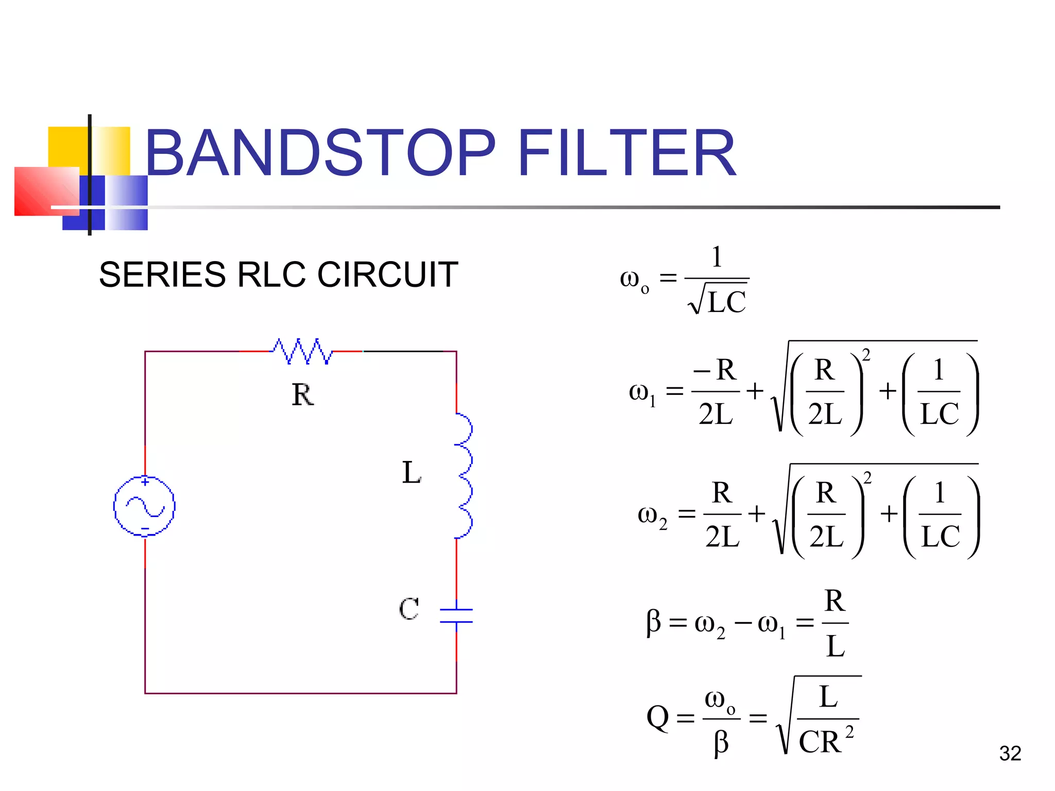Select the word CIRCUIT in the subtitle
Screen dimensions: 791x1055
pyautogui.click(x=387, y=274)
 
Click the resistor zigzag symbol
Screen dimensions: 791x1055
pyautogui.click(x=302, y=351)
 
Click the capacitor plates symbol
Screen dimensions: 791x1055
pyautogui.click(x=456, y=616)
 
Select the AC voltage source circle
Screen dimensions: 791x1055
pyautogui.click(x=144, y=506)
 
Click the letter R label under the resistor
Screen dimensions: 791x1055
pyautogui.click(x=302, y=395)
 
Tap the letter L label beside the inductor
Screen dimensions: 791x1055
pyautogui.click(x=411, y=473)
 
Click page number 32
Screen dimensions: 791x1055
pyautogui.click(x=1010, y=753)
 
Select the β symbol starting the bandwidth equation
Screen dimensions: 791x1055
pyautogui.click(x=653, y=622)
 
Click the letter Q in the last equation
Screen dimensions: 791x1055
pyautogui.click(x=658, y=717)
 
